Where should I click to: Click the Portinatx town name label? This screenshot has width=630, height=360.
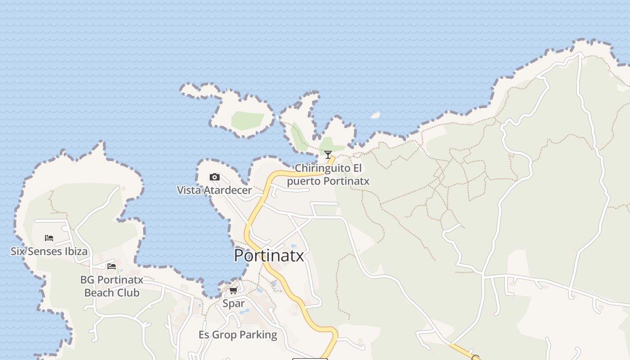tap(269, 256)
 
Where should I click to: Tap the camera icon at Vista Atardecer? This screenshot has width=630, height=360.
tap(215, 177)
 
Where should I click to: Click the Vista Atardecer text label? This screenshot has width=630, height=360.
tap(214, 190)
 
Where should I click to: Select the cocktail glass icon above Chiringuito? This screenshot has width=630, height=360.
tap(328, 155)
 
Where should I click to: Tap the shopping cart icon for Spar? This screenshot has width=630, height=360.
tap(234, 290)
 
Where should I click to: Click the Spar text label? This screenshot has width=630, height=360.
tap(234, 303)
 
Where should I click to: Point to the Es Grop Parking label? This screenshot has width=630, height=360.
tap(238, 335)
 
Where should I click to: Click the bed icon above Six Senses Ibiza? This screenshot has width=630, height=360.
tap(49, 238)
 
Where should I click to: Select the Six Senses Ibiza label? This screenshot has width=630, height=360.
tap(49, 251)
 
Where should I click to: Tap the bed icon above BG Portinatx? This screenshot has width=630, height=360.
tap(112, 266)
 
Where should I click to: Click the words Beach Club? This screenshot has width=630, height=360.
tap(112, 293)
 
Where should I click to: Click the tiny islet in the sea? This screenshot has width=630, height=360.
tap(375, 115)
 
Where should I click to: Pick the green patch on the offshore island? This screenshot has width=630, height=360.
tap(247, 120)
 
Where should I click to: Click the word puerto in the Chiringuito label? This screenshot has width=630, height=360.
tap(304, 181)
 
